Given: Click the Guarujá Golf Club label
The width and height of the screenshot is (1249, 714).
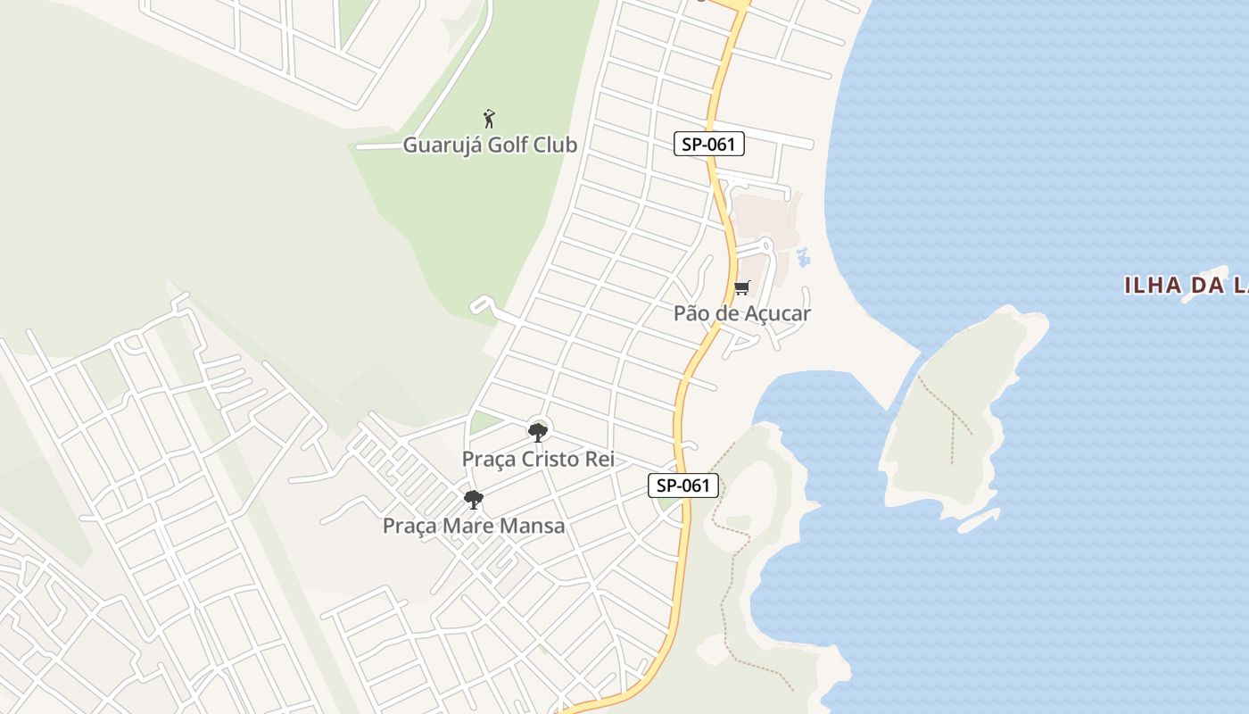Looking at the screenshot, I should [490, 145].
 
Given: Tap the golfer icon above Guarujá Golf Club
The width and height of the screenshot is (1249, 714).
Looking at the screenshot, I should [488, 119].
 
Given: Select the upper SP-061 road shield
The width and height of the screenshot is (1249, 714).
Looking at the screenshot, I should [708, 144].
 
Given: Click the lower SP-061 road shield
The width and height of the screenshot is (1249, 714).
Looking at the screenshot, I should [682, 486].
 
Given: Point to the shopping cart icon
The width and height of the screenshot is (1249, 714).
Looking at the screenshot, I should [741, 288].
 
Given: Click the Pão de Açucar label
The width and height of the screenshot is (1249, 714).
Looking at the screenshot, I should [742, 313].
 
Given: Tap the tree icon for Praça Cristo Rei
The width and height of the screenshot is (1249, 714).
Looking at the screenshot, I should [537, 433].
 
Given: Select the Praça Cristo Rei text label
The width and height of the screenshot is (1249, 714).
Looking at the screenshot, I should [538, 459].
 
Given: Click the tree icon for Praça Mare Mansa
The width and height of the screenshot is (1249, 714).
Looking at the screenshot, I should [474, 500].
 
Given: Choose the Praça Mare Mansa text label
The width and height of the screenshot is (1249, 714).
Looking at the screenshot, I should [474, 526].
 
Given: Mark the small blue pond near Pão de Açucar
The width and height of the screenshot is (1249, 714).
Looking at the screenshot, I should [802, 258].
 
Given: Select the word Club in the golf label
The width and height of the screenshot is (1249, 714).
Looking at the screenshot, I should [555, 145].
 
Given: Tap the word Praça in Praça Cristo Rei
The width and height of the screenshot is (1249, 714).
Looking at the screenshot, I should [487, 459].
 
